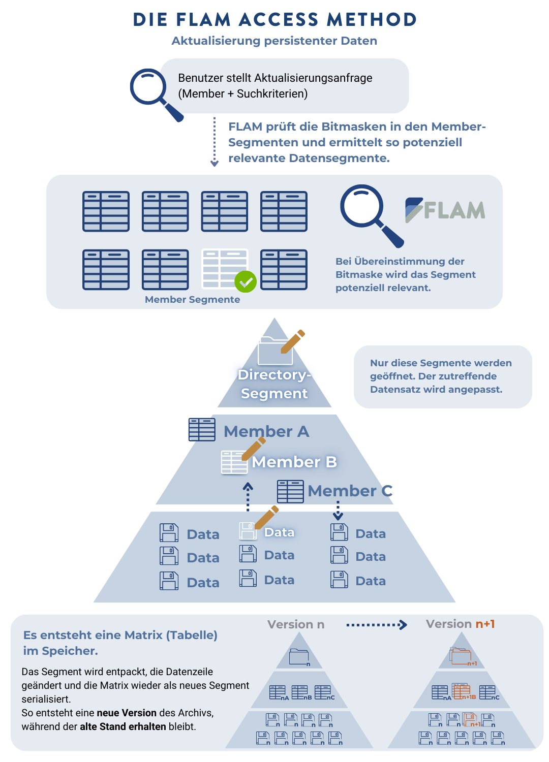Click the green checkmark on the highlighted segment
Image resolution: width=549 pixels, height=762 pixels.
point(246,281)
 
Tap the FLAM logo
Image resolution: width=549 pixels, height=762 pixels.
point(445,210)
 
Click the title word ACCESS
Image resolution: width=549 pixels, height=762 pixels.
point(279,20)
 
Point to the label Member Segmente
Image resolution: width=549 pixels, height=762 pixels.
point(192,300)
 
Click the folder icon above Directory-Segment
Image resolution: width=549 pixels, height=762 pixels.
point(275,351)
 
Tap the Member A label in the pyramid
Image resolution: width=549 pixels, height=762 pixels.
point(266,431)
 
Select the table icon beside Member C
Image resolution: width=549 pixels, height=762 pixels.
point(290,491)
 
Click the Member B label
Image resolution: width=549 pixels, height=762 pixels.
point(294,462)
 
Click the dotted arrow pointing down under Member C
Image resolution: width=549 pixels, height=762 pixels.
point(338,510)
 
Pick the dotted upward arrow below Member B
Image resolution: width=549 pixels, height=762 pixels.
point(248,497)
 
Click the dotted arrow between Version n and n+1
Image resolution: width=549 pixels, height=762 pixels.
point(376,625)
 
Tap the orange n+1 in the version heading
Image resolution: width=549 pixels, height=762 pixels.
point(485,624)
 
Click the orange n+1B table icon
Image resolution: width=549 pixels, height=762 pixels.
point(462,692)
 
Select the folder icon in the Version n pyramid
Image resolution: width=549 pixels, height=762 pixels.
point(299,657)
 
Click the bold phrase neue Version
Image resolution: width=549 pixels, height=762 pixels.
point(127,713)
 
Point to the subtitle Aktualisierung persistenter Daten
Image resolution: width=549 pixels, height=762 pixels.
point(274,41)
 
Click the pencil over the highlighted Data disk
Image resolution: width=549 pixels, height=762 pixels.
point(267,517)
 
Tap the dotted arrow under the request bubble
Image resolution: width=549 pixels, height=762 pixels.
point(215,142)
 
